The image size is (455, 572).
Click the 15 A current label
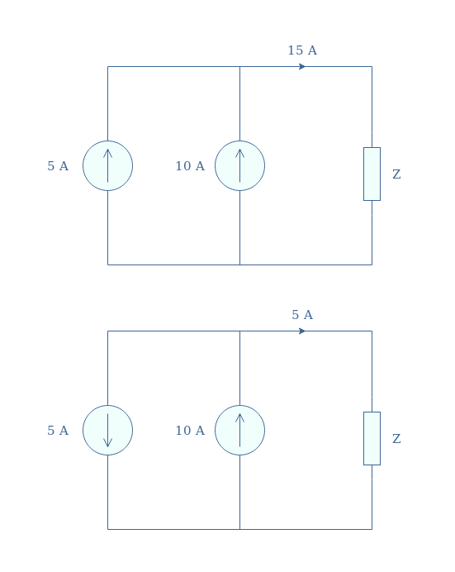click(x=302, y=50)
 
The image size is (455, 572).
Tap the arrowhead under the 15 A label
click(x=302, y=66)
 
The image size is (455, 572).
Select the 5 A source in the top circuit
click(x=107, y=165)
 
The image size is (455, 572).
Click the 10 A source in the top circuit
click(x=239, y=165)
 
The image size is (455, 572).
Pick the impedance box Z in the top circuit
click(x=372, y=174)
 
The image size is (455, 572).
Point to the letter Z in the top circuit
click(x=396, y=174)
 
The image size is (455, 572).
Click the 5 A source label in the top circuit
click(x=58, y=166)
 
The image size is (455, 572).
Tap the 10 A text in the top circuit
click(x=190, y=166)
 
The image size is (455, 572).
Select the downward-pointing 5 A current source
click(x=107, y=430)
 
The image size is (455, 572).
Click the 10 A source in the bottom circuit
click(x=239, y=430)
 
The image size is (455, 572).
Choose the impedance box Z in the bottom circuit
click(x=372, y=438)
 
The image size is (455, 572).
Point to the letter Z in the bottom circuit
click(x=396, y=439)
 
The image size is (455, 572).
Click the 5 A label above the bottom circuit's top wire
click(x=302, y=315)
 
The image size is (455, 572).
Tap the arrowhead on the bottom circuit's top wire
click(x=302, y=331)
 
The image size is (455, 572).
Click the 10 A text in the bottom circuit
click(x=190, y=431)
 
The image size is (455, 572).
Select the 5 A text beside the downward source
click(x=58, y=431)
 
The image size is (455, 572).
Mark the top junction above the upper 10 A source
click(x=239, y=66)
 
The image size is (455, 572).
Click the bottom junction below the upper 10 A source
click(x=239, y=265)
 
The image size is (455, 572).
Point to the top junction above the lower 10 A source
click(x=239, y=331)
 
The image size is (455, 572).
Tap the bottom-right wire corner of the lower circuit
click(x=372, y=529)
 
